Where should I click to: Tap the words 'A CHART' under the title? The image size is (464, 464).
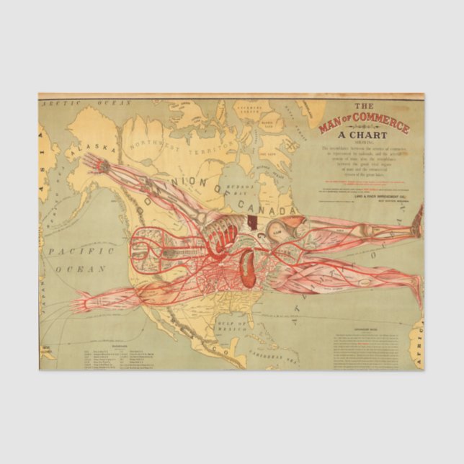(x=365, y=135)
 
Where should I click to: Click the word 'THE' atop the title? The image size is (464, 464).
(x=365, y=105)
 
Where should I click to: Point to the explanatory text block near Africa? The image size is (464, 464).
(x=367, y=346)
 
